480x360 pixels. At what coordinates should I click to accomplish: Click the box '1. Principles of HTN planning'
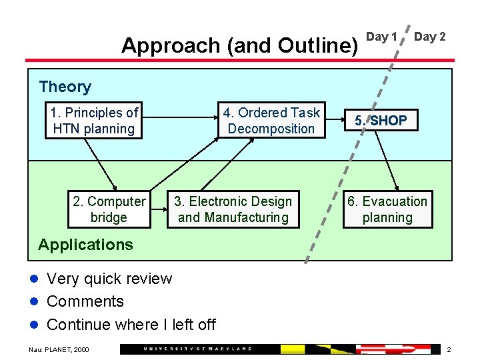tap(94, 121)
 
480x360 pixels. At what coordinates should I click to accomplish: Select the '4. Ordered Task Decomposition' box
tap(271, 121)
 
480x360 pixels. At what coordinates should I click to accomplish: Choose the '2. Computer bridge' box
tap(109, 209)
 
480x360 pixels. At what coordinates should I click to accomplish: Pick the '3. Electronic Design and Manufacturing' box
tap(233, 209)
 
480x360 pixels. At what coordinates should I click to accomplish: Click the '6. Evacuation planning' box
tap(387, 209)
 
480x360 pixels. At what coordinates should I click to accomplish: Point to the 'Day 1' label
tap(382, 37)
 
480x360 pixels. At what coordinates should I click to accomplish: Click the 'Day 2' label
tap(430, 37)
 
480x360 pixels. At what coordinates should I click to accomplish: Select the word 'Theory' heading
tap(65, 87)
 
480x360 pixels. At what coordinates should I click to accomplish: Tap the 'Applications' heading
tap(85, 245)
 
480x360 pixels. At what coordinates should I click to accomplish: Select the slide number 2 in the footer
tap(449, 350)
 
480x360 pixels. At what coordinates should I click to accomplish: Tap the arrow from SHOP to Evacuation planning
tap(392, 160)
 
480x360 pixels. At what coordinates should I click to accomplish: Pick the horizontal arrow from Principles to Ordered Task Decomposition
tap(180, 121)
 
